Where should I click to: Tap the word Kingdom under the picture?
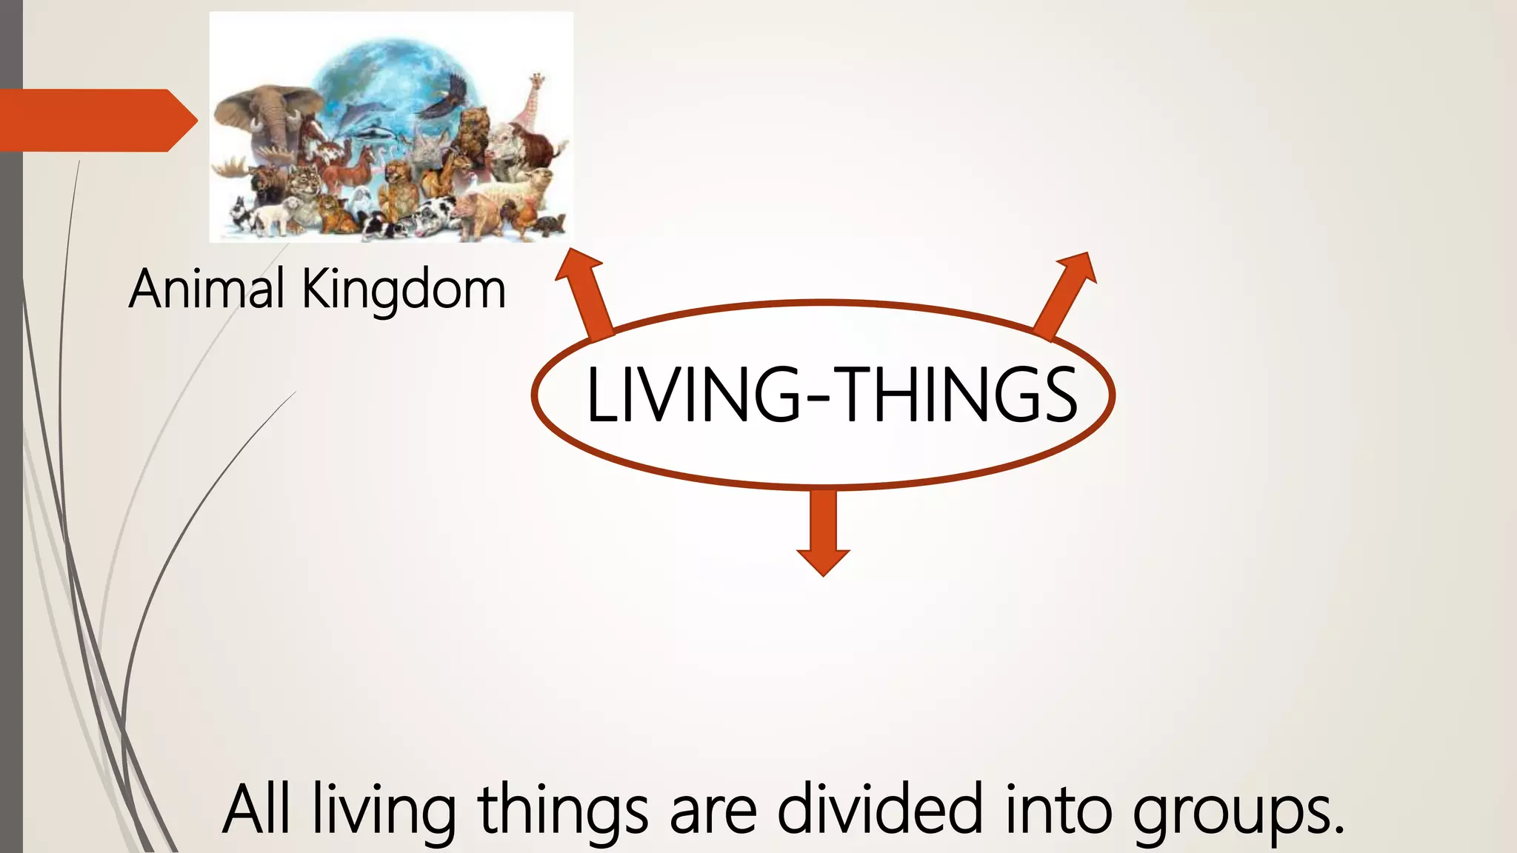pyautogui.click(x=404, y=290)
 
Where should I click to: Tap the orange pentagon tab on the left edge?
pyautogui.click(x=96, y=120)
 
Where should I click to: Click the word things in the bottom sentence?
pyautogui.click(x=563, y=810)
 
